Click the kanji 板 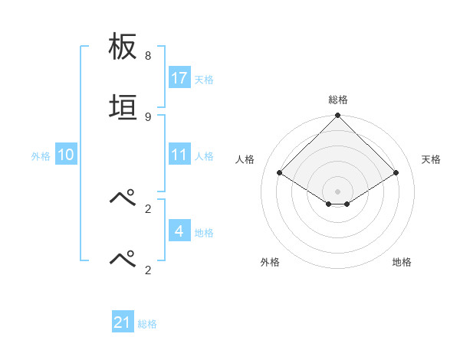pyautogui.click(x=123, y=47)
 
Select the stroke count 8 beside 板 pyautogui.click(x=148, y=56)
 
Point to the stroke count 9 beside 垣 pyautogui.click(x=148, y=116)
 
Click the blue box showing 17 pyautogui.click(x=179, y=78)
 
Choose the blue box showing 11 pyautogui.click(x=179, y=155)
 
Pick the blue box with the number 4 pyautogui.click(x=179, y=231)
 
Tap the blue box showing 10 pyautogui.click(x=66, y=155)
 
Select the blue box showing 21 pyautogui.click(x=123, y=322)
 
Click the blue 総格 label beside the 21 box pyautogui.click(x=148, y=324)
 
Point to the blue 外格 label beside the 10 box pyautogui.click(x=41, y=156)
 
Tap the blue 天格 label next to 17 pyautogui.click(x=204, y=80)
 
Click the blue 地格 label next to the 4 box pyautogui.click(x=204, y=233)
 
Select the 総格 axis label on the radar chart pyautogui.click(x=338, y=100)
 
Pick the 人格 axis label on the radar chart pyautogui.click(x=246, y=159)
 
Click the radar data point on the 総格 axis pyautogui.click(x=337, y=116)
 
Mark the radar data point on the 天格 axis pyautogui.click(x=396, y=173)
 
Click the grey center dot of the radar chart pyautogui.click(x=337, y=191)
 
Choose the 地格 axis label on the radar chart pyautogui.click(x=402, y=262)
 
